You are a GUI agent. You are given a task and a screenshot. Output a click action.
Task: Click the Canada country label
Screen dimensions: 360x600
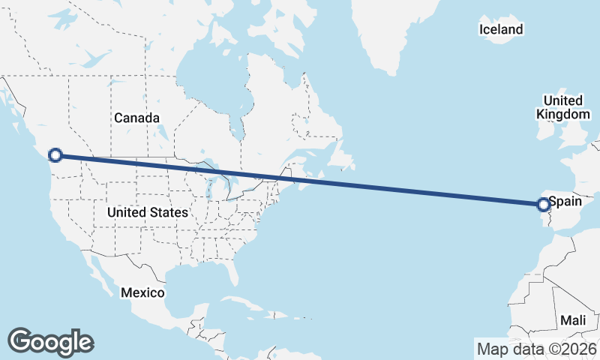coord(136,118)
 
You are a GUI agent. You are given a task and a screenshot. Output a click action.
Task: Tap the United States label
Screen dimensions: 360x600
coord(147,213)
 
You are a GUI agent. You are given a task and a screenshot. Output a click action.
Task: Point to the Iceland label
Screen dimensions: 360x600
coord(500,30)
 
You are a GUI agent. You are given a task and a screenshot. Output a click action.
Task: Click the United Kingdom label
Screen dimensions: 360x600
coord(563,107)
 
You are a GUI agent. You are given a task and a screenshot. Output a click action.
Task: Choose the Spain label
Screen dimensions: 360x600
coord(565,202)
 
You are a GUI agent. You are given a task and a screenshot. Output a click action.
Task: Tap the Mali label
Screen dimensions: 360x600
coord(573,320)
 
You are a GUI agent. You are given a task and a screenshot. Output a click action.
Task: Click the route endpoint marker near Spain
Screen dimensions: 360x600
coord(544,204)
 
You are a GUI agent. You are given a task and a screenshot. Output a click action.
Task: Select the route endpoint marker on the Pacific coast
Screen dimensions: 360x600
coord(55,155)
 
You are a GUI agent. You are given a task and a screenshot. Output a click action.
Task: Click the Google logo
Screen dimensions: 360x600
coord(50,341)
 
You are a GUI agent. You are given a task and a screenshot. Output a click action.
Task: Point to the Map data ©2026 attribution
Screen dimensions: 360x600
coord(536,349)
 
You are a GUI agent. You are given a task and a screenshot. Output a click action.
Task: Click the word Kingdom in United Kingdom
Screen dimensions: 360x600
coord(563,115)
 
